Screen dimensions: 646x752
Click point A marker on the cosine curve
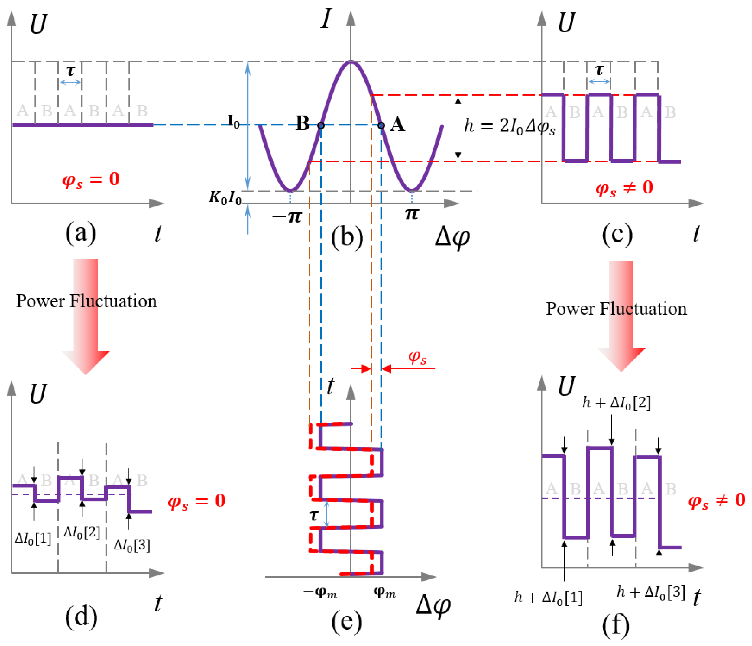pyautogui.click(x=381, y=125)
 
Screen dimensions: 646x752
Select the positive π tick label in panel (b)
pyautogui.click(x=412, y=214)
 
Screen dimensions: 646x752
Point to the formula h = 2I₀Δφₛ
pyautogui.click(x=510, y=127)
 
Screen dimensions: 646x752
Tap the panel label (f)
pyautogui.click(x=616, y=625)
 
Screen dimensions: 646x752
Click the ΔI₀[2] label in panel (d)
pyautogui.click(x=82, y=532)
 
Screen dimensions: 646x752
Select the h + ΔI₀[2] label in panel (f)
pyautogui.click(x=616, y=402)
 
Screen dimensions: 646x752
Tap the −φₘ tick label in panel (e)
pyautogui.click(x=320, y=593)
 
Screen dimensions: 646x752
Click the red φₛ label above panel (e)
pyautogui.click(x=417, y=357)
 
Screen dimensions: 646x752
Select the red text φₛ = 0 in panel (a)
pyautogui.click(x=91, y=179)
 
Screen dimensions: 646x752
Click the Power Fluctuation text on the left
pyautogui.click(x=87, y=301)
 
